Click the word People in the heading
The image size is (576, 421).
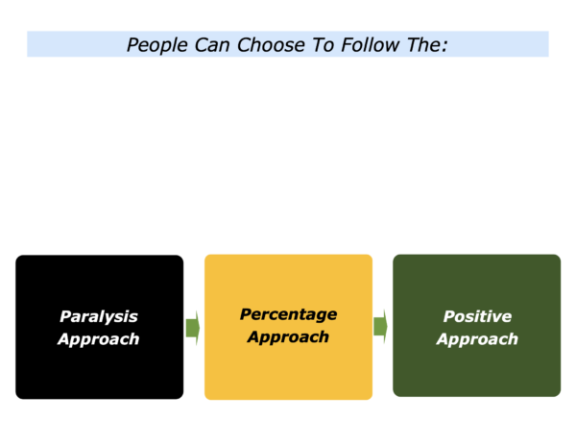point(157,45)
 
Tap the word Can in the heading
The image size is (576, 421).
point(212,45)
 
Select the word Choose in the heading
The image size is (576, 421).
point(271,45)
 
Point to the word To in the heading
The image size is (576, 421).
point(323,45)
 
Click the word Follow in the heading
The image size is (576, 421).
point(370,45)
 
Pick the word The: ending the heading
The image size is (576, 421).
point(427,45)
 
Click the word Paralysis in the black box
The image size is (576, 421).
point(99,317)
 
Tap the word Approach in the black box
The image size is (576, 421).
point(99,339)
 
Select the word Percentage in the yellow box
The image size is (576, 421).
point(288,314)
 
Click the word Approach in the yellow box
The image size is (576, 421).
point(288,337)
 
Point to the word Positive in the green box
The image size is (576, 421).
point(477,316)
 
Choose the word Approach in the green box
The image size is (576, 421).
point(477,339)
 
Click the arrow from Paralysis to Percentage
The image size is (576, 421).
point(193,328)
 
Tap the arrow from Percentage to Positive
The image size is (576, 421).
point(380,326)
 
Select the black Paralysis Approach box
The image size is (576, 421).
point(100,327)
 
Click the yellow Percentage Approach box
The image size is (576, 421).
point(288,327)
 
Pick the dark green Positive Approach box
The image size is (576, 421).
point(477,326)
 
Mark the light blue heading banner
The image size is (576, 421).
point(288,44)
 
